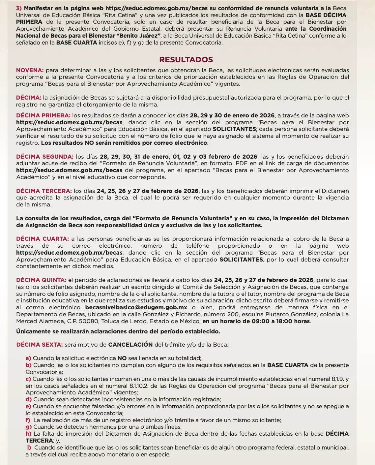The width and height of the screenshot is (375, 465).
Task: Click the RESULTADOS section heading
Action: pyautogui.click(x=186, y=60)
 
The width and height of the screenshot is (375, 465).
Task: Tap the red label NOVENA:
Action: pyautogui.click(x=30, y=70)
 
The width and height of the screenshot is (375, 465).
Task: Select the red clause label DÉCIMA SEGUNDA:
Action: pyautogui.click(x=44, y=157)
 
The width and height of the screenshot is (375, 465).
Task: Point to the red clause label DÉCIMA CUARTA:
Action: pyautogui.click(x=42, y=239)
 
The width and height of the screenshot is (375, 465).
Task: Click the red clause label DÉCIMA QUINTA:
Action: pyautogui.click(x=41, y=280)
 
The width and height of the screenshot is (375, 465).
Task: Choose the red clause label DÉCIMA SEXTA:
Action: pyautogui.click(x=39, y=345)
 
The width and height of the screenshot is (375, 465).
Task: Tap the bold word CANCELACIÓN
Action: pyautogui.click(x=130, y=345)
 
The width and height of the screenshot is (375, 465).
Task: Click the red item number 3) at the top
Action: pyautogui.click(x=19, y=8)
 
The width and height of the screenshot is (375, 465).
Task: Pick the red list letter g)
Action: pyautogui.click(x=28, y=427)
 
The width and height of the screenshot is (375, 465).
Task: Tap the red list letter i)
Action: pyautogui.click(x=29, y=448)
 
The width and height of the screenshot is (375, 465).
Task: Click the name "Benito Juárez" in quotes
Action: pyautogui.click(x=138, y=36)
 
